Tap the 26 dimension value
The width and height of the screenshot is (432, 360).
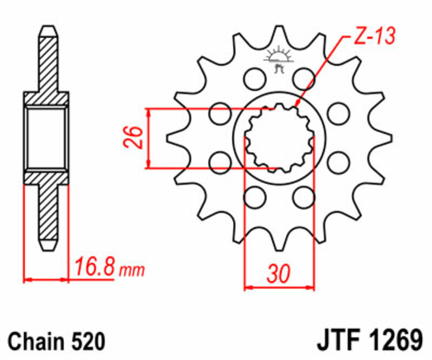coord(134,138)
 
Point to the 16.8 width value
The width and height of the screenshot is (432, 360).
coord(94,267)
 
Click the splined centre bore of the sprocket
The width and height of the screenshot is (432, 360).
coord(279,137)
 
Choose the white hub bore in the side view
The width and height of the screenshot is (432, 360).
coord(46,138)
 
